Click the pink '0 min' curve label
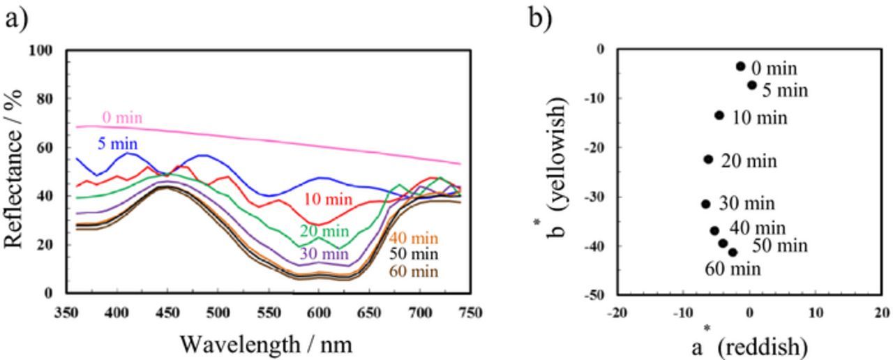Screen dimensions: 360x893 point(122,117)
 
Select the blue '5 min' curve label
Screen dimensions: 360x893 point(116,144)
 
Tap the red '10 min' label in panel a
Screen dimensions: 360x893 point(328,200)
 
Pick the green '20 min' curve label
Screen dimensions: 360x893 point(324,231)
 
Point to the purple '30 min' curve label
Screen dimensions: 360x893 point(324,253)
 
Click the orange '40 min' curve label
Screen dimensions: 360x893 point(414,238)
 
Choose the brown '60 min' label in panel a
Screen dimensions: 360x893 point(414,271)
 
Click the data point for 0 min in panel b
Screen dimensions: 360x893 point(740,66)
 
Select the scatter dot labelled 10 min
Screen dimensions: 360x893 point(719,115)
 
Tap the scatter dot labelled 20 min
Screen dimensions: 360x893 point(708,159)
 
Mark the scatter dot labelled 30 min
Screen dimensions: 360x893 point(705,204)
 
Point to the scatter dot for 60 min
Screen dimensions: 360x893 point(733,253)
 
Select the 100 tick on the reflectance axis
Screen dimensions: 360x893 point(40,51)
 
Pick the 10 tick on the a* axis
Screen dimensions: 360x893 point(816,313)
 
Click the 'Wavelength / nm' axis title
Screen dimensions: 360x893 point(266,344)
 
